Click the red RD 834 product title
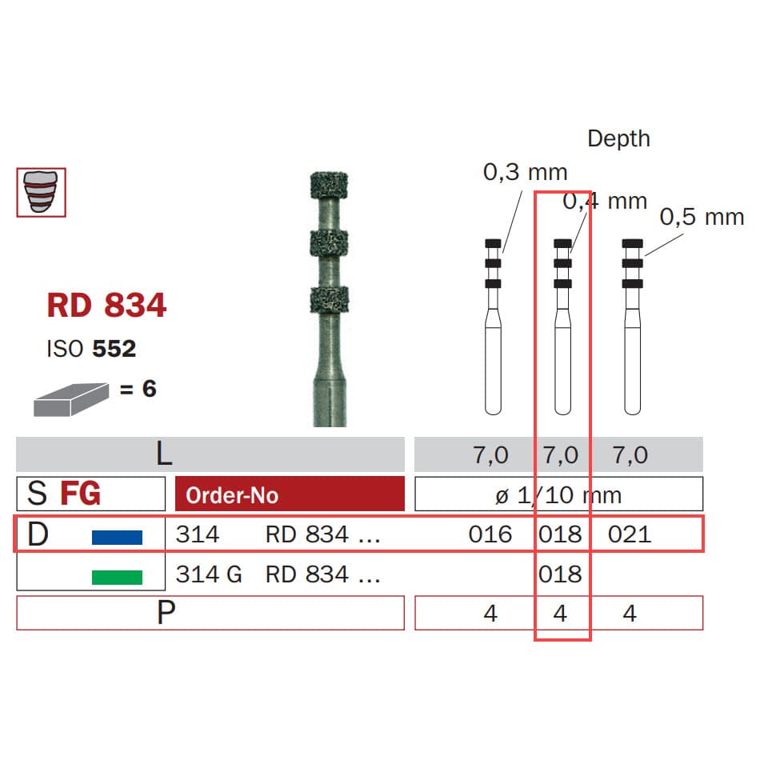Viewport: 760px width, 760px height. pos(106,306)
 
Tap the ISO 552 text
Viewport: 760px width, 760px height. pos(91,349)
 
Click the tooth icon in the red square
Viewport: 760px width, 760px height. pos(42,192)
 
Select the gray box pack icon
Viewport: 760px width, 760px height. pos(70,398)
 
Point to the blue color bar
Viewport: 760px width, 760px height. pos(117,537)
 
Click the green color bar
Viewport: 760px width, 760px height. pos(117,577)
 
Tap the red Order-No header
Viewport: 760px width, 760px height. pos(290,494)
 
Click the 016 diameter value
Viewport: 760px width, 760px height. pos(490,534)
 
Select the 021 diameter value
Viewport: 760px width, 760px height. pos(630,534)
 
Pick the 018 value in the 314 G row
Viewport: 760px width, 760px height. pos(560,574)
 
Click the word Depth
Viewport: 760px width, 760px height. pos(618,138)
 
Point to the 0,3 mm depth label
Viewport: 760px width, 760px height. pos(525,171)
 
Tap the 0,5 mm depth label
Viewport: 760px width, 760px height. pos(702,217)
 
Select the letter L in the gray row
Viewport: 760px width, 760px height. pos(163,454)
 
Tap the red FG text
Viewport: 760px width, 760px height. pos(80,494)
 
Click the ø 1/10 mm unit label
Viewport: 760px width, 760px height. pos(558,494)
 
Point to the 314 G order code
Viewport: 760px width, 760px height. pos(209,574)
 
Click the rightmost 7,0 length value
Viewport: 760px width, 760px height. pos(630,455)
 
